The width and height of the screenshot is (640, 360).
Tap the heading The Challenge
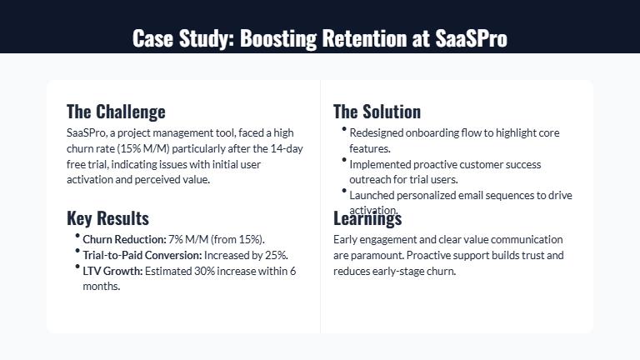(x=116, y=112)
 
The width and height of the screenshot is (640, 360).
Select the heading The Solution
(x=377, y=112)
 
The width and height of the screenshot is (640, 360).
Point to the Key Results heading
(x=107, y=218)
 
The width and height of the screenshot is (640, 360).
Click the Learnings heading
(x=367, y=218)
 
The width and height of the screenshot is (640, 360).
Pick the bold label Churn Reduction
(x=123, y=240)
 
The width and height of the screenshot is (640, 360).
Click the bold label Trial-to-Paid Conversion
(x=142, y=255)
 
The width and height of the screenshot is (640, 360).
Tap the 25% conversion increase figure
(x=277, y=255)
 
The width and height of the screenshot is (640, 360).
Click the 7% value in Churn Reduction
(x=174, y=240)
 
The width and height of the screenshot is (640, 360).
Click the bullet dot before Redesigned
(x=343, y=129)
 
